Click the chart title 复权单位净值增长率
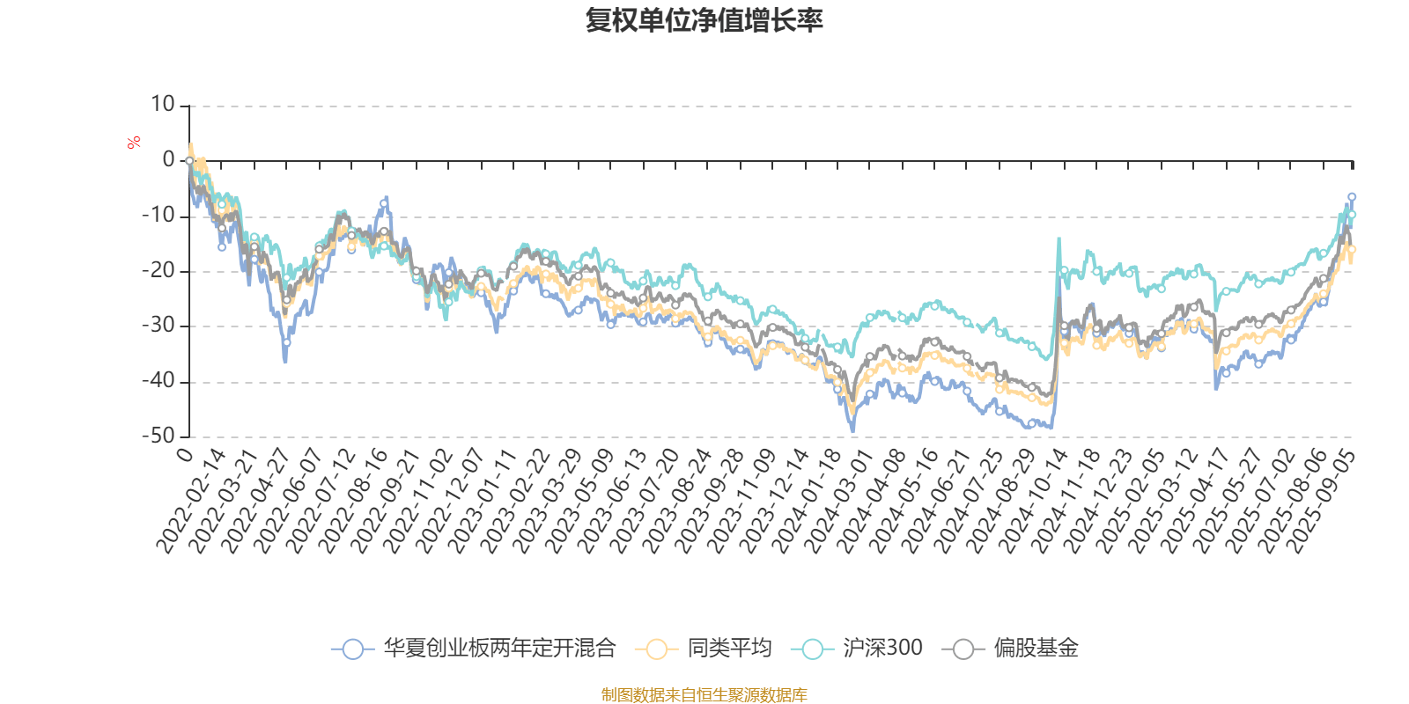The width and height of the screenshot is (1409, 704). [704, 20]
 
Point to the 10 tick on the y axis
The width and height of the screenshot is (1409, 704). [163, 105]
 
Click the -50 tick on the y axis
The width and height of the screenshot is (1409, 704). [159, 436]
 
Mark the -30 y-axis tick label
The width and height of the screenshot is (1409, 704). [159, 326]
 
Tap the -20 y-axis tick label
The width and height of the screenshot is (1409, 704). [159, 271]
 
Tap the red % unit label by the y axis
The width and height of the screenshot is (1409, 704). [134, 143]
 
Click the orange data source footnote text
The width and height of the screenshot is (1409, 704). [704, 695]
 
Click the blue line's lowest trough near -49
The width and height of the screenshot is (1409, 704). [852, 430]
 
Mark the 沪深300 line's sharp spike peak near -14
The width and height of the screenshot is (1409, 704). [1059, 238]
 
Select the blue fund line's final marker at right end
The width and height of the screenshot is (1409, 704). [1352, 196]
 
